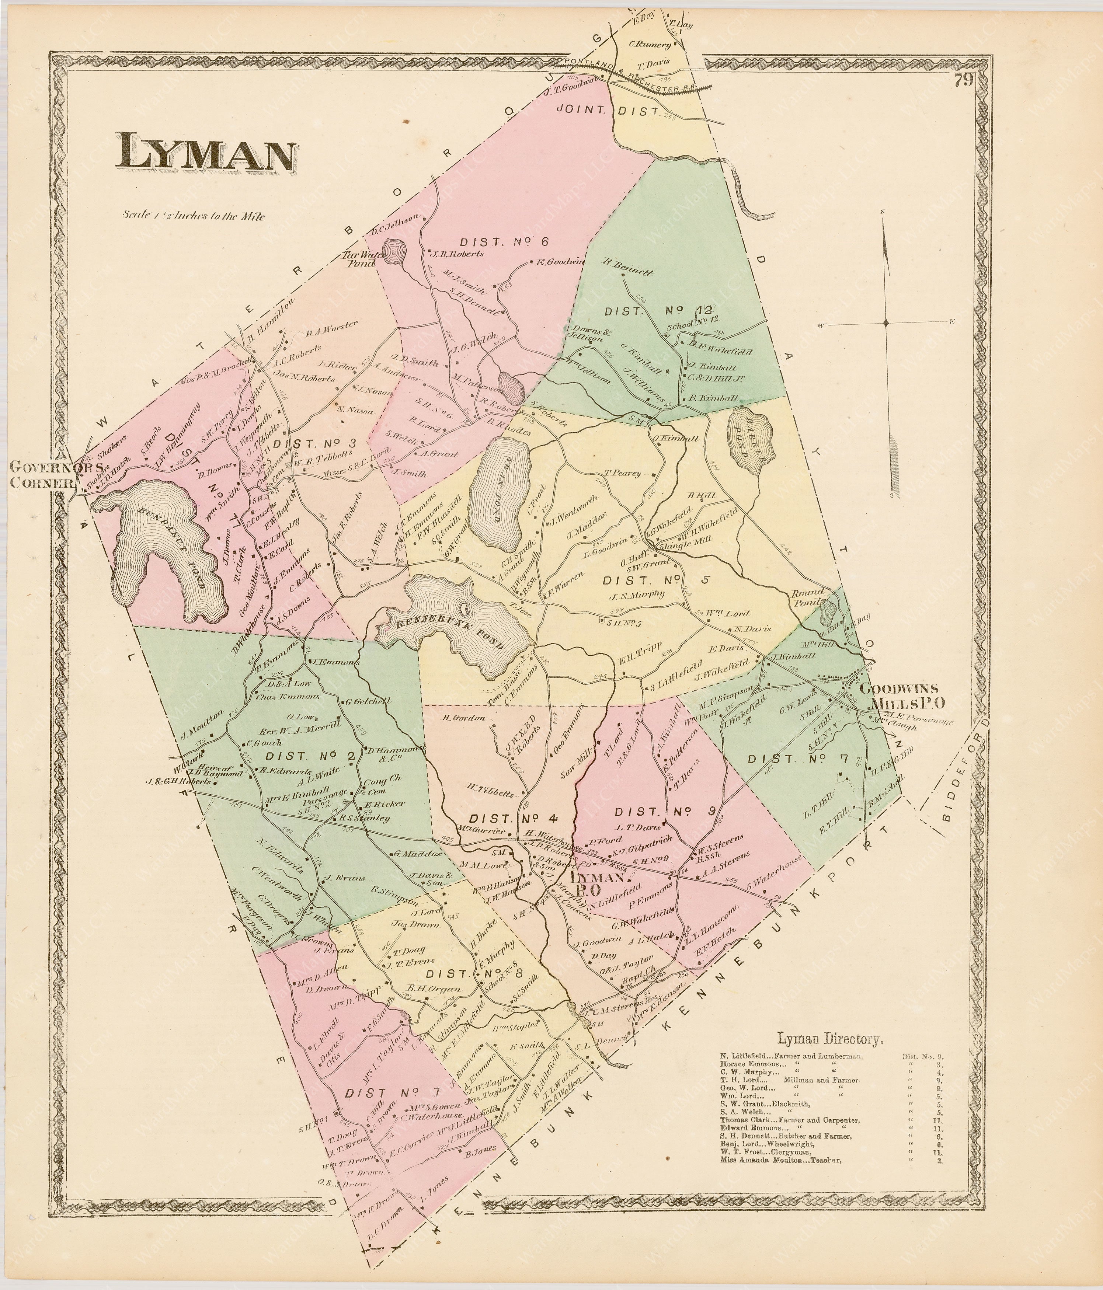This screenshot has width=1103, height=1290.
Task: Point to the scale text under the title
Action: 194,216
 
